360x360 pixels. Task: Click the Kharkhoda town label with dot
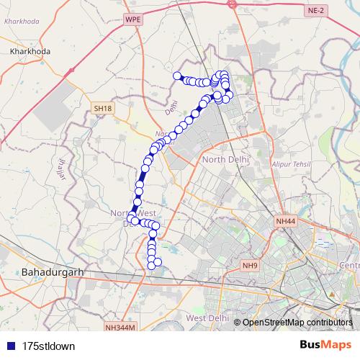(30, 53)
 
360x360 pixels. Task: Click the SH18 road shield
(104, 108)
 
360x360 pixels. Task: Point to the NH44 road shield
(285, 221)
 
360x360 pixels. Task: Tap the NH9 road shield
(250, 266)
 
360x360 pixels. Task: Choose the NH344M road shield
(120, 328)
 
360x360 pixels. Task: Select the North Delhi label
(225, 159)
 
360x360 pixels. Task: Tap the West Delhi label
(207, 318)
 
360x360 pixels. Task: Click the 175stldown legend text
(48, 346)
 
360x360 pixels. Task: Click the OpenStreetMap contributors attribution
(297, 322)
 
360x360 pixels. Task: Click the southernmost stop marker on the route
(152, 266)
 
